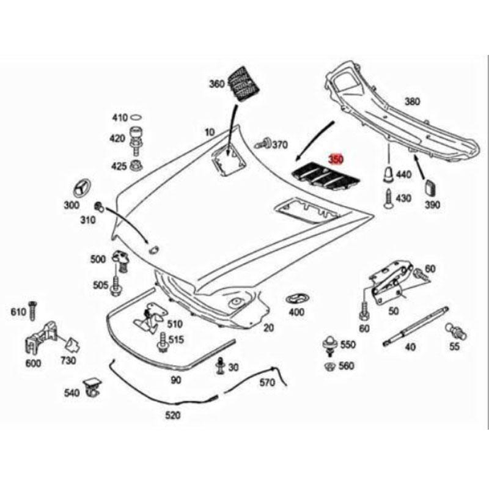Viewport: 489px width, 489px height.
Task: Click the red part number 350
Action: [336, 160]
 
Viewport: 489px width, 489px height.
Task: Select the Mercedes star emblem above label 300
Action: [82, 188]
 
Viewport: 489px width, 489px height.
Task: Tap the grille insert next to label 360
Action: [243, 83]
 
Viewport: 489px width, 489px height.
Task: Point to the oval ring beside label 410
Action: [136, 117]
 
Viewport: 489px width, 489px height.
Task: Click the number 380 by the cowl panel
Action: [412, 101]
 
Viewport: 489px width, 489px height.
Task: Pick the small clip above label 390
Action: [431, 187]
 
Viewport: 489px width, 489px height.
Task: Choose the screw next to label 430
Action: [389, 199]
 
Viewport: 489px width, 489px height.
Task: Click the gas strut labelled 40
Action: [416, 326]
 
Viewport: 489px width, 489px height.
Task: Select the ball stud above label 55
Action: [456, 331]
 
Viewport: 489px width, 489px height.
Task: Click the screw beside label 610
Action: [33, 311]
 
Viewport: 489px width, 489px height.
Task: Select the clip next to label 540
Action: [93, 388]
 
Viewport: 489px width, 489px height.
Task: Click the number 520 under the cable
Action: [172, 415]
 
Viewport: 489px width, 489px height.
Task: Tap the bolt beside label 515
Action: [163, 342]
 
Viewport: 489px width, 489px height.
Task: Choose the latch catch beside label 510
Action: [150, 318]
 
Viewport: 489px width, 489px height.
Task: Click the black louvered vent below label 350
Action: [325, 177]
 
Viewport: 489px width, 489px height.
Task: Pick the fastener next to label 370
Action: [264, 144]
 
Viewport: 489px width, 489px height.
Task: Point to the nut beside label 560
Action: [329, 366]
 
